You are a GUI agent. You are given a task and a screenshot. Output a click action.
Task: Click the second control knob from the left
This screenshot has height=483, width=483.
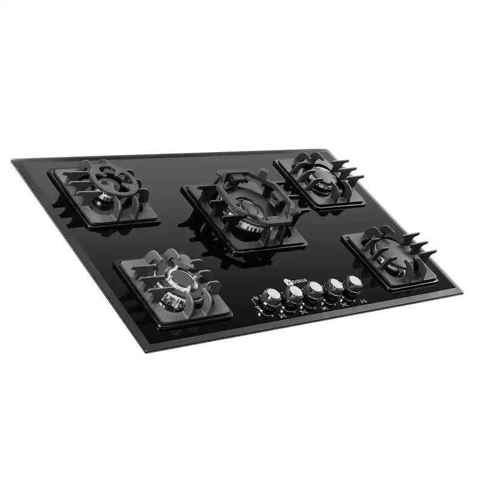[x=295, y=293]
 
